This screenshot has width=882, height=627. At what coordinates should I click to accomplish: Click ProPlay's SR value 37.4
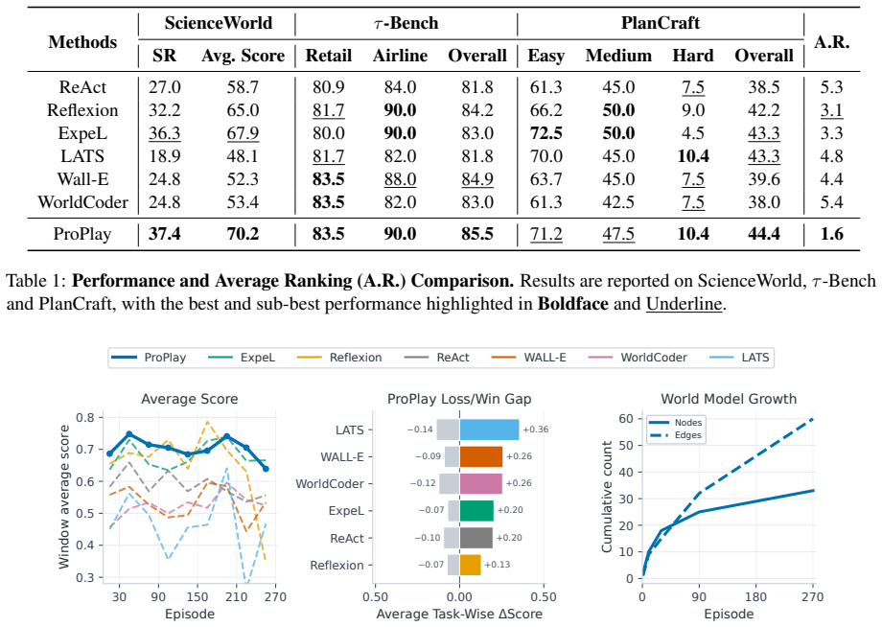point(164,233)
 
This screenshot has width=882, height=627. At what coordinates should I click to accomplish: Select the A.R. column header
point(831,41)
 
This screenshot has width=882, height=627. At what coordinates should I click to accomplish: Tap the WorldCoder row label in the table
point(82,202)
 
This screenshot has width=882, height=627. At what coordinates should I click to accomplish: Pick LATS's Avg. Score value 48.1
point(243,155)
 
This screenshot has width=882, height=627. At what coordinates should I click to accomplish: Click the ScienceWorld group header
point(219,22)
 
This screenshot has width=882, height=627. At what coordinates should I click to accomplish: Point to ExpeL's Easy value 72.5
point(545,132)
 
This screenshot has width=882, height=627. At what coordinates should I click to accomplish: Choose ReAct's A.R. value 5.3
point(831,86)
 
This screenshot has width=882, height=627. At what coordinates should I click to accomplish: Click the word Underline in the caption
point(684,304)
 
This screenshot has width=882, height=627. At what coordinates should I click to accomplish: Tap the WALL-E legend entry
point(529,358)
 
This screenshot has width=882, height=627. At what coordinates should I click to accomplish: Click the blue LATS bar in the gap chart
point(489,430)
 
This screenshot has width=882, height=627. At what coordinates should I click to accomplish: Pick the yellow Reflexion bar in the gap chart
point(471,565)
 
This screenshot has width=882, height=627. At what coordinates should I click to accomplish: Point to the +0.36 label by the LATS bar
point(536,430)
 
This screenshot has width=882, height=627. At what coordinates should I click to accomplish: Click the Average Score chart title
point(190,399)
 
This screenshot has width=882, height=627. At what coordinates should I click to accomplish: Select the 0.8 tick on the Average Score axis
point(85,417)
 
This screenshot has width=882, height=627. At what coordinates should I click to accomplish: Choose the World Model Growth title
point(729,399)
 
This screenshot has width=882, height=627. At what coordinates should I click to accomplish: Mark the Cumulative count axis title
point(606,497)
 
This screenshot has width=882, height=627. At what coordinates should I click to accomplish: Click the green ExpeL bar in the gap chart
point(476,511)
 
